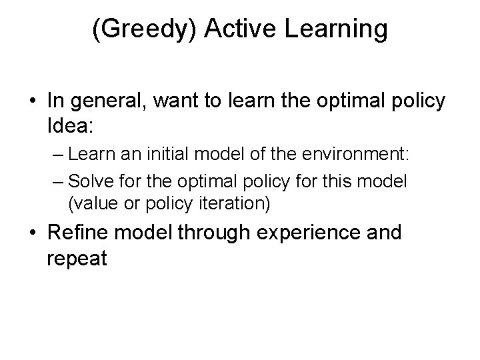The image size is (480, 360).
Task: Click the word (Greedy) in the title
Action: click(x=139, y=30)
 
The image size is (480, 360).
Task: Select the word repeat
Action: click(x=77, y=258)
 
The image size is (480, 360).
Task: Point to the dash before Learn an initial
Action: click(x=56, y=155)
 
